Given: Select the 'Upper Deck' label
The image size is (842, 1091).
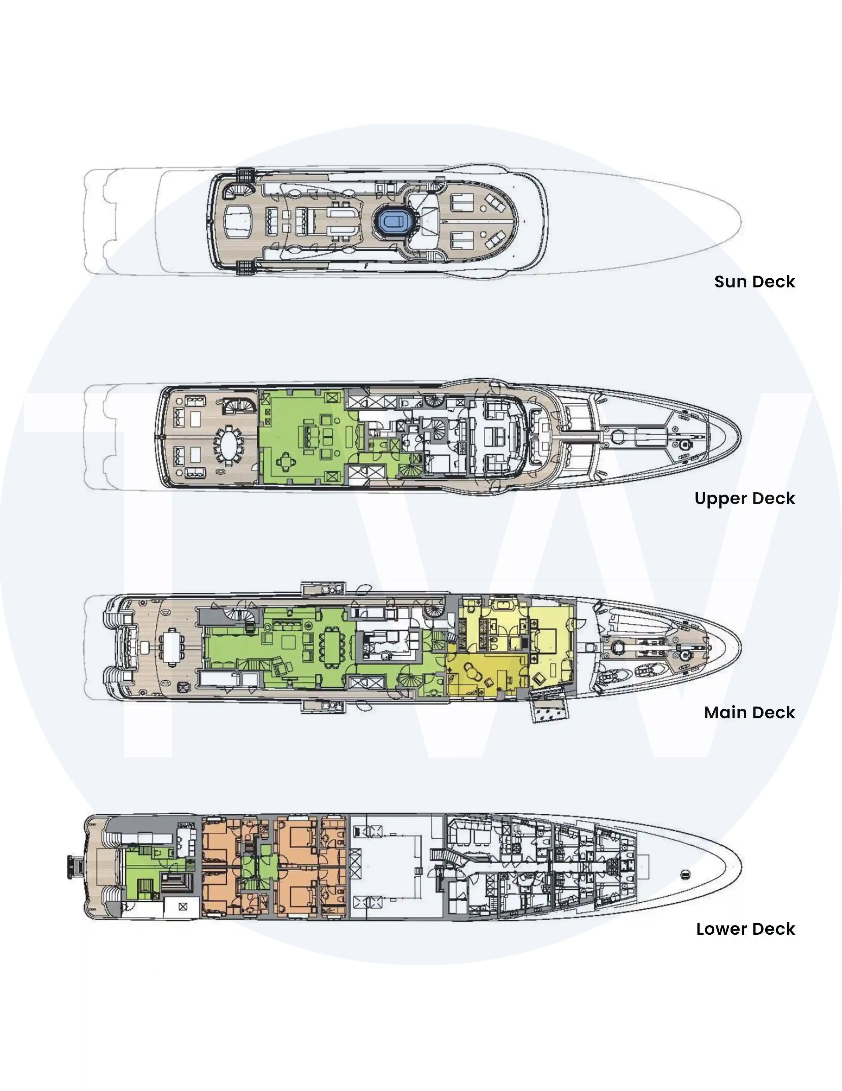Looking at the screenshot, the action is pyautogui.click(x=745, y=499).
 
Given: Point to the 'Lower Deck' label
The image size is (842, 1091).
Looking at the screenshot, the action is pyautogui.click(x=746, y=929).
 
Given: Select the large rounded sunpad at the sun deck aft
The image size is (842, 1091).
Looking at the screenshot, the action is pyautogui.click(x=239, y=221).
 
